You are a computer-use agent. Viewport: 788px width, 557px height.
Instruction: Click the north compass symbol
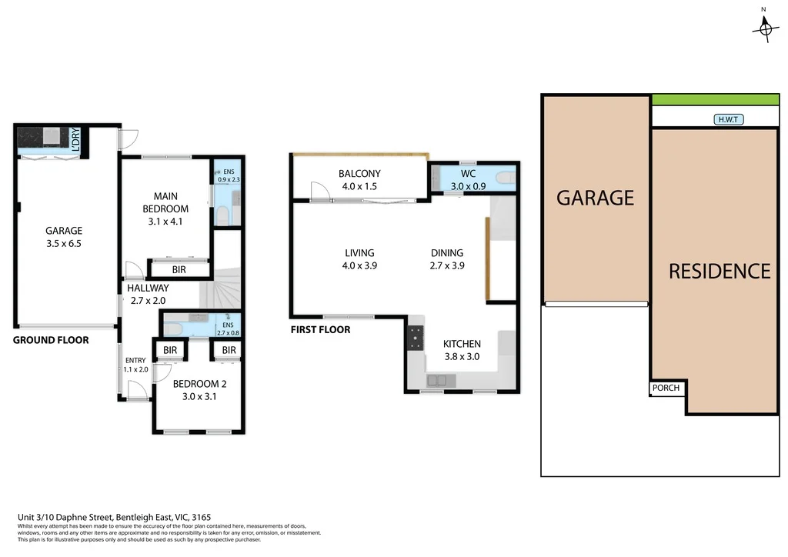coord(765,28)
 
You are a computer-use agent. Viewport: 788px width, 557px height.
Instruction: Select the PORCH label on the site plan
coord(666,388)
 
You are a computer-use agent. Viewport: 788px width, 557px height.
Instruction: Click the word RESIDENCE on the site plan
coord(719,271)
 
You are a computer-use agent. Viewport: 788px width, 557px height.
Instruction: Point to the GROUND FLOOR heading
coord(51,340)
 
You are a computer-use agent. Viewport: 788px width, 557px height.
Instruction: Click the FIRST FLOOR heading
coord(320,329)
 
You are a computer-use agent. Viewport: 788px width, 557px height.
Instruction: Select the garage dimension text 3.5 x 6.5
coord(64,243)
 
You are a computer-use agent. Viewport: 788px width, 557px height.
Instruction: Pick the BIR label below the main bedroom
coord(179,270)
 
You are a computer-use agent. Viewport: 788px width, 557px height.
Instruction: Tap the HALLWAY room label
coord(148,288)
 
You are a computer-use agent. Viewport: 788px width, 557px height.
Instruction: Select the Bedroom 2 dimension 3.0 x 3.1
coord(199,397)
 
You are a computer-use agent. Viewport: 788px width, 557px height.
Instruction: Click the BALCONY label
coord(360,174)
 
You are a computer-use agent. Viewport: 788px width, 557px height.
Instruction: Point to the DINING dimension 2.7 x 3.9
coord(447,265)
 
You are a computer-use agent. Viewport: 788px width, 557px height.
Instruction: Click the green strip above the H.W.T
coord(715,99)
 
